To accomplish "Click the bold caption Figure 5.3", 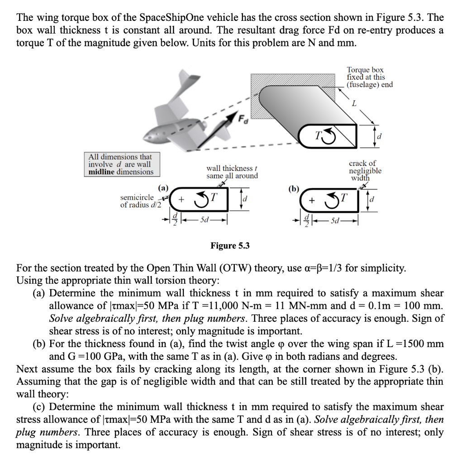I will (230, 246).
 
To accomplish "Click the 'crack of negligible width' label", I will (365, 170).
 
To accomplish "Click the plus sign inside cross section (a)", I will (181, 199).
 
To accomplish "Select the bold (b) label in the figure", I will (293, 187).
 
